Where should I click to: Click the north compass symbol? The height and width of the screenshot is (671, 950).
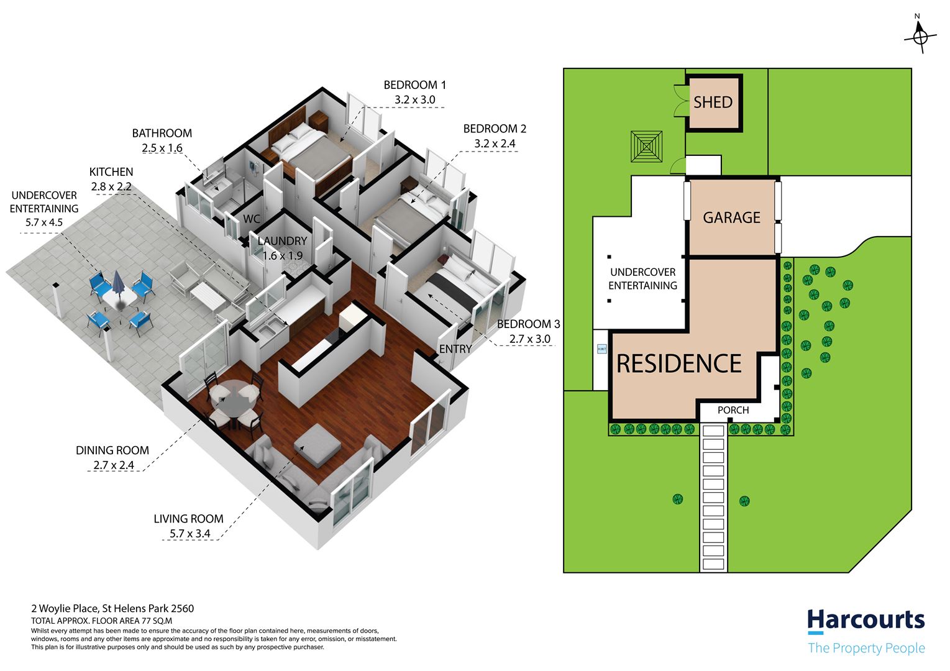tap(920, 37)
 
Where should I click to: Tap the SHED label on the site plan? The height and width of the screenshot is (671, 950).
tap(713, 103)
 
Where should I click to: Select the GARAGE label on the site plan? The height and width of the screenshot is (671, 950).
tap(731, 217)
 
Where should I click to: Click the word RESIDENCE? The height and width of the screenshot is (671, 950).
tap(679, 363)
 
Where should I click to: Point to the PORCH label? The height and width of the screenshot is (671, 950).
tap(733, 410)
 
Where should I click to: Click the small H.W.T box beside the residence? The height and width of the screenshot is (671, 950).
tap(602, 349)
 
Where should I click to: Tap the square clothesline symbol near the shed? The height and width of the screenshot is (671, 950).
tap(646, 147)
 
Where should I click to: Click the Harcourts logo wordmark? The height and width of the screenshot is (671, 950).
tap(866, 621)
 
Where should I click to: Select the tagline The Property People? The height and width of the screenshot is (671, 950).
tap(866, 647)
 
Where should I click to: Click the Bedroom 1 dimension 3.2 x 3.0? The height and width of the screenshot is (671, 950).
tap(415, 99)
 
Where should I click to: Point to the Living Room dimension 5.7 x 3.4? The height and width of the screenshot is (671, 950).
tap(190, 534)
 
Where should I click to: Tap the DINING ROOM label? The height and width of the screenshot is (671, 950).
tap(112, 450)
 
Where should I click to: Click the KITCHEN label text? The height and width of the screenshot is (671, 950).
tap(111, 171)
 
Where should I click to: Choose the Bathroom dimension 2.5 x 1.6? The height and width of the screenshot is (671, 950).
tap(162, 148)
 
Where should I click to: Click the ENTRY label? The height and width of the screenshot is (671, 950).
tap(455, 349)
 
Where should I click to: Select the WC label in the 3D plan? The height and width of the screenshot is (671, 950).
tap(252, 219)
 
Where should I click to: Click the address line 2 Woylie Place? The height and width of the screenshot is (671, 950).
tap(112, 609)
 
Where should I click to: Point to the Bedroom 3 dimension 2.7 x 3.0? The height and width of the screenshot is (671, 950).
tap(530, 339)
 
